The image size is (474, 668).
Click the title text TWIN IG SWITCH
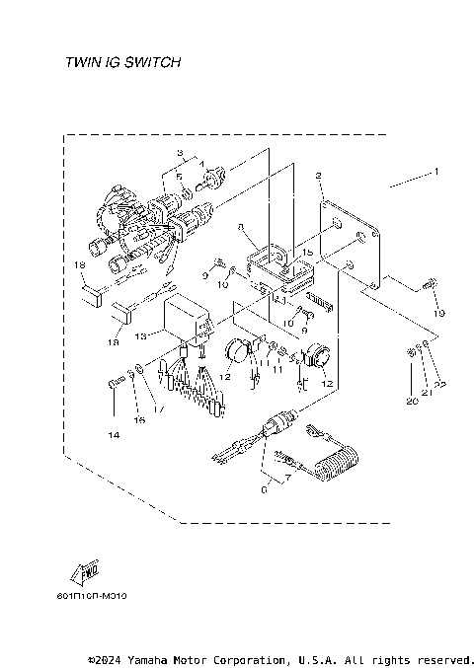point(122,62)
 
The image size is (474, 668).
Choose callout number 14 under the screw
point(115,434)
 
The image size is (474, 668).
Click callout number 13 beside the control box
point(141,336)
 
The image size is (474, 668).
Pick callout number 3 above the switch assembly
point(181,152)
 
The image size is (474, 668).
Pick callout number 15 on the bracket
point(308,253)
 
